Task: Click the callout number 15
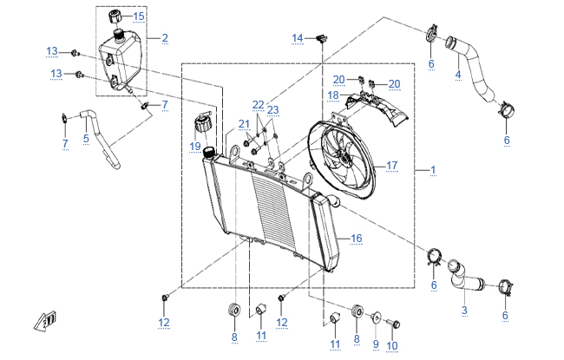(x=139, y=16)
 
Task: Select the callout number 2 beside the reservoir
(x=165, y=38)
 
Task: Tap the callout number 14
(x=298, y=38)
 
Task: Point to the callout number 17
(x=391, y=166)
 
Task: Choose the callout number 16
(x=356, y=238)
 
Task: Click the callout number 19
(x=195, y=147)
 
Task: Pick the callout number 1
(x=433, y=170)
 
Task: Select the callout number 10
(x=391, y=346)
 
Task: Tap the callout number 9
(x=376, y=344)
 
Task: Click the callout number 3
(x=464, y=310)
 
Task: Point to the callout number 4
(x=458, y=75)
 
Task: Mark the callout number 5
(x=86, y=139)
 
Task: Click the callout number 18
(x=333, y=95)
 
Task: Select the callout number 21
(x=244, y=124)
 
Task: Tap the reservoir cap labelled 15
(x=115, y=16)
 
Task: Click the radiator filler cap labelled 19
(x=203, y=122)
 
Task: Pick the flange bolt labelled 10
(x=393, y=324)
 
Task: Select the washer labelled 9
(x=377, y=317)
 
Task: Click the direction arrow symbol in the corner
(x=45, y=321)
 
